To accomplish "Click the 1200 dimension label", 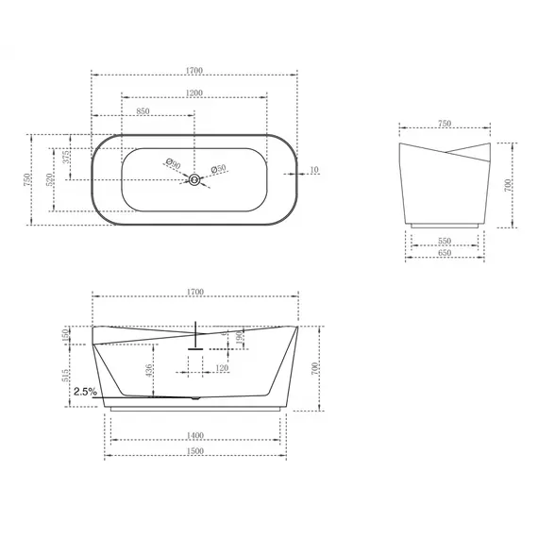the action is [x=194, y=93].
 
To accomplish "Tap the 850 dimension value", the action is [x=143, y=111].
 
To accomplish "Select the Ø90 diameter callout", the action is [x=173, y=163].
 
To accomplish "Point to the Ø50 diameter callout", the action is [x=218, y=168].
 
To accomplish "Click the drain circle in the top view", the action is [x=194, y=179].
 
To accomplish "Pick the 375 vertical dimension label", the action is [x=67, y=157].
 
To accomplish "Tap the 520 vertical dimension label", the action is [x=49, y=180].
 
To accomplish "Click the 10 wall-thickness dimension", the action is [x=314, y=170].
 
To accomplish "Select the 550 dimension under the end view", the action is [x=445, y=241].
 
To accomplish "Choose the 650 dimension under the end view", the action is [x=445, y=253].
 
